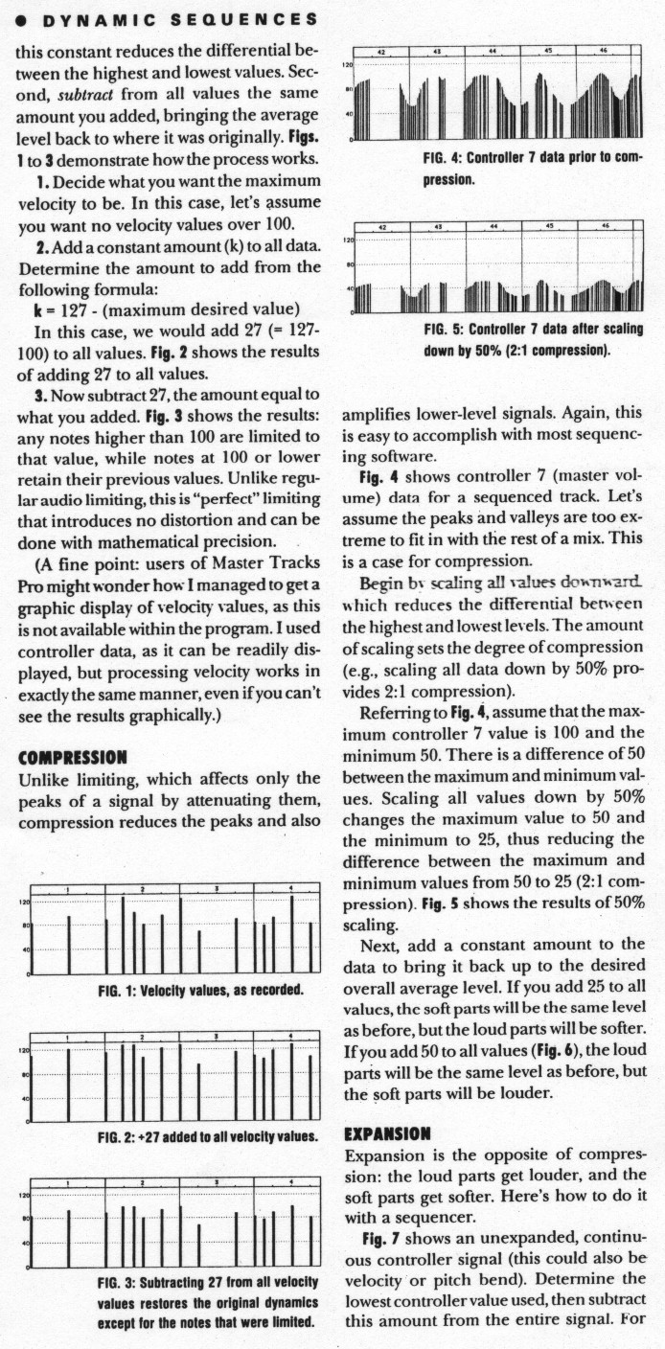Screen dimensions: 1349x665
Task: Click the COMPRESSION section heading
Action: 73,758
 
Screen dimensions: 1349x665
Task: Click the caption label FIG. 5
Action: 443,330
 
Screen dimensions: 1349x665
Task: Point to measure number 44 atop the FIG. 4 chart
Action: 493,49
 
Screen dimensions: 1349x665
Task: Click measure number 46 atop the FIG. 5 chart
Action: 604,227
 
